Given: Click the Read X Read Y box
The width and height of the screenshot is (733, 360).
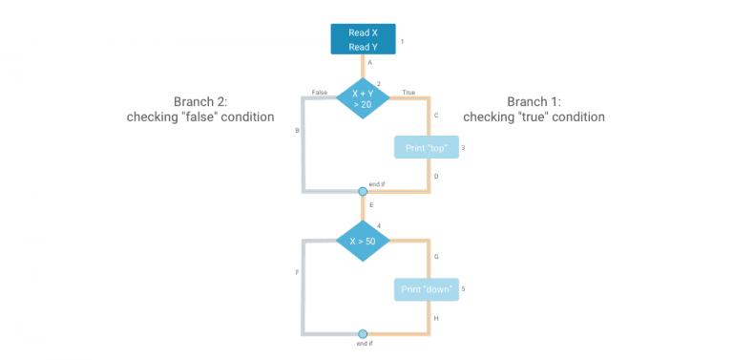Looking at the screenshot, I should click(363, 39).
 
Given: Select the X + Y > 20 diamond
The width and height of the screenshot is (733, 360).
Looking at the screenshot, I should click(363, 98).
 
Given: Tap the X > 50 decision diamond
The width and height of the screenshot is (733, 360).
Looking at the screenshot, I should click(363, 241).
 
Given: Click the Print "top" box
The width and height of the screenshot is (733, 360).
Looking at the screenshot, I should click(426, 147).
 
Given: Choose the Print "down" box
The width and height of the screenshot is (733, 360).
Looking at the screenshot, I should click(426, 289).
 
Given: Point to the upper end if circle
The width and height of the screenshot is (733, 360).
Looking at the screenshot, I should click(363, 192).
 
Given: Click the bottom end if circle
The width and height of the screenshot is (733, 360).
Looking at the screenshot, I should click(363, 334).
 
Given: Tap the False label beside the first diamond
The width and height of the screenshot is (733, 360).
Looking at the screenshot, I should click(320, 93).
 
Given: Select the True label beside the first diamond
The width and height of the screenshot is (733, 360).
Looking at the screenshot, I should click(408, 93).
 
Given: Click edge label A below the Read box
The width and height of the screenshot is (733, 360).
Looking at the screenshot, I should click(369, 62).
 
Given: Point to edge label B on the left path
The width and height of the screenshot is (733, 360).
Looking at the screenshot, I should click(298, 130).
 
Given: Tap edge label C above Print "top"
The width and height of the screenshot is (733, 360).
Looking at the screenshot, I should click(436, 116).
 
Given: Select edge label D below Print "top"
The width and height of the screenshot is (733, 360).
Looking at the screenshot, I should click(436, 177).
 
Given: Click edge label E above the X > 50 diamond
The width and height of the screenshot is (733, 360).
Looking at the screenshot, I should click(370, 205).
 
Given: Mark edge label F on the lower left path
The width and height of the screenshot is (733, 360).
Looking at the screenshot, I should click(298, 272).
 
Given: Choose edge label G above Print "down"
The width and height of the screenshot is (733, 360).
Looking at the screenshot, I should click(436, 257).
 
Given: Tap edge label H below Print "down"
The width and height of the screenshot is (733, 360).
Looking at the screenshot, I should click(436, 318).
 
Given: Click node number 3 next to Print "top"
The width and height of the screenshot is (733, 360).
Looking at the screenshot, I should click(463, 148).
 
